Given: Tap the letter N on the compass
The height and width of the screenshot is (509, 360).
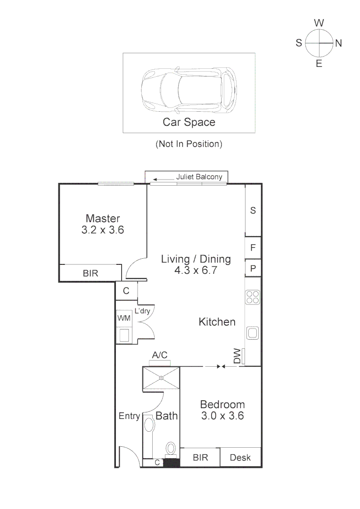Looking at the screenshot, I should pyautogui.click(x=338, y=43).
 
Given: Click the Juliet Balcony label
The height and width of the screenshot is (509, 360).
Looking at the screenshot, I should pyautogui.click(x=198, y=177).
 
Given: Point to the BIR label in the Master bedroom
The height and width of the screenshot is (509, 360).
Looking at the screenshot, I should pyautogui.click(x=90, y=273).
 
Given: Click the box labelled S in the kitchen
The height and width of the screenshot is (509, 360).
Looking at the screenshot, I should pyautogui.click(x=253, y=211).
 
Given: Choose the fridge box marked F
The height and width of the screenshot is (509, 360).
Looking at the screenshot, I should pyautogui.click(x=253, y=247).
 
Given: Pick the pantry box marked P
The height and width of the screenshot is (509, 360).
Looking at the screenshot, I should pyautogui.click(x=253, y=268).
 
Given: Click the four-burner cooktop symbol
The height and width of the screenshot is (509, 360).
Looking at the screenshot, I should pyautogui.click(x=253, y=297).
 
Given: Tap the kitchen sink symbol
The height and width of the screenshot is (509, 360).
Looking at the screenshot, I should pyautogui.click(x=253, y=333).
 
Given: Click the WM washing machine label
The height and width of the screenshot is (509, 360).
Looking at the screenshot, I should pyautogui.click(x=123, y=318).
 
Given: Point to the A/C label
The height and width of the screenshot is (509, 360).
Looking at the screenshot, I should pyautogui.click(x=160, y=355).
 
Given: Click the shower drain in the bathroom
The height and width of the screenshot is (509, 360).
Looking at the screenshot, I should pyautogui.click(x=161, y=378).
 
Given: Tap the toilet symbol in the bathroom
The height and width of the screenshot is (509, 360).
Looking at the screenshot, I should pyautogui.click(x=171, y=448).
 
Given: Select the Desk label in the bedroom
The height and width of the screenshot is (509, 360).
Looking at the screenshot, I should pyautogui.click(x=240, y=457).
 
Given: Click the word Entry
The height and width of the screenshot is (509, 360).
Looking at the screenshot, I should pyautogui.click(x=129, y=416).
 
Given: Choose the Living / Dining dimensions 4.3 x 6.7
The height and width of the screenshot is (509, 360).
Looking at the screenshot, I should pyautogui.click(x=196, y=271).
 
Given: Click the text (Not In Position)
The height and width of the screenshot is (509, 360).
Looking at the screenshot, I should pyautogui.click(x=188, y=144).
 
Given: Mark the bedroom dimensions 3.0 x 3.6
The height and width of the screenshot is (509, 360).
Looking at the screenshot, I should pyautogui.click(x=222, y=416).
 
